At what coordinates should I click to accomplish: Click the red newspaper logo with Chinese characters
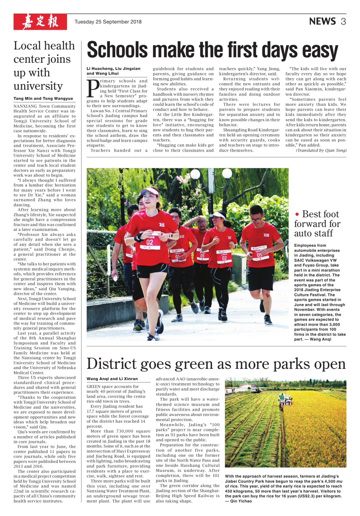40,22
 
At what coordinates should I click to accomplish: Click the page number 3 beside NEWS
343,21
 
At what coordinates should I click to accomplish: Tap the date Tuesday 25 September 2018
108,22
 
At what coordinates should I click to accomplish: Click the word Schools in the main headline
117,50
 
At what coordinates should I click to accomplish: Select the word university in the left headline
38,86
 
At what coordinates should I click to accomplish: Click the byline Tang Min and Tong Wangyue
43,98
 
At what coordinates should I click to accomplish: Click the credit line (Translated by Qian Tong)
321,150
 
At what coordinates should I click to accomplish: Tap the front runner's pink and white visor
149,192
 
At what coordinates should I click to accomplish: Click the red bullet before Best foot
297,214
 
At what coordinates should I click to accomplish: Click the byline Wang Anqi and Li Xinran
112,379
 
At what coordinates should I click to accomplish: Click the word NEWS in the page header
322,21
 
